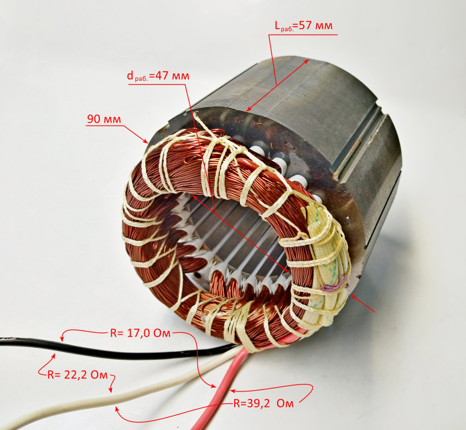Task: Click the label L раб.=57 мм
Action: (x=303, y=26)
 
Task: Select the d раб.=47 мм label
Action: (x=158, y=76)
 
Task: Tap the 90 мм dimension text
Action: (x=104, y=119)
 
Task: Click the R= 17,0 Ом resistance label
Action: (x=140, y=334)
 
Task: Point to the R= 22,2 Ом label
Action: (x=78, y=375)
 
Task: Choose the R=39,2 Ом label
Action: (x=263, y=403)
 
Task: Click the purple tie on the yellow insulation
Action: (x=334, y=285)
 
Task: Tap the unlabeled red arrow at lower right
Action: (x=363, y=304)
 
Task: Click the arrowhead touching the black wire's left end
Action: (x=62, y=339)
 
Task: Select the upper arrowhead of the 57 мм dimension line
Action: (x=306, y=61)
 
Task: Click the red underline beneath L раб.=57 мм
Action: (x=303, y=35)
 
